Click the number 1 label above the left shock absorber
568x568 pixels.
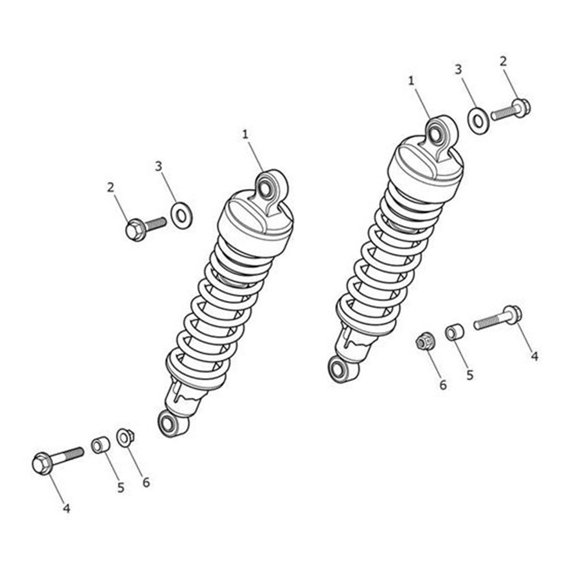(x=245, y=135)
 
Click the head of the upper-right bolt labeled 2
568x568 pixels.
(x=521, y=106)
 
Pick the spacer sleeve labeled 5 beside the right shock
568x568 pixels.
(x=454, y=332)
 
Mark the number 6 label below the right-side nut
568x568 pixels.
(x=443, y=385)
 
